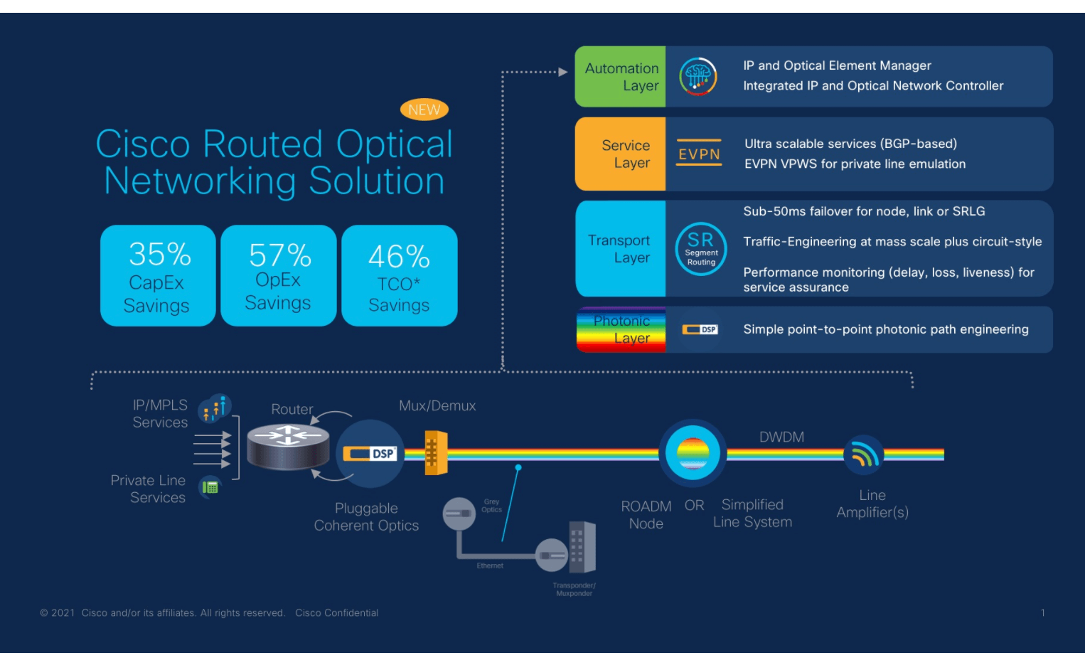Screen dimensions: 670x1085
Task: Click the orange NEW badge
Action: point(424,110)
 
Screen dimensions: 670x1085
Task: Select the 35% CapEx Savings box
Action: point(158,276)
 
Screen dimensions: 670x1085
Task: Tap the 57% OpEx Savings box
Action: point(278,276)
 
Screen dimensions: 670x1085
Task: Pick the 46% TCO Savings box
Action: point(399,276)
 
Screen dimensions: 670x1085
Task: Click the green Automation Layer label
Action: point(620,77)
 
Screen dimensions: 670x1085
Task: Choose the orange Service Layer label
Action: point(620,154)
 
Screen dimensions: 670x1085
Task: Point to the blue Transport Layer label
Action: point(620,249)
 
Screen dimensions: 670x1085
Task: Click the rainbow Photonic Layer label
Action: point(621,330)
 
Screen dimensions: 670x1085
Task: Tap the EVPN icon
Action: point(698,154)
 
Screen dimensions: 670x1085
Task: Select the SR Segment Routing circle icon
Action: point(700,249)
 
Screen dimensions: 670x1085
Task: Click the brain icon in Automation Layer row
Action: point(697,77)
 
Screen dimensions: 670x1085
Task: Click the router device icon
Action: point(288,446)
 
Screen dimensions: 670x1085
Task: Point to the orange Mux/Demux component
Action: point(435,452)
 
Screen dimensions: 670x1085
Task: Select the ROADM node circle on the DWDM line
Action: point(692,453)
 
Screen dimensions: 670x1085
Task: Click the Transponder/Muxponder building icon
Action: point(581,548)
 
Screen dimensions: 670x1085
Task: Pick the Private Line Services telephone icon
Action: point(210,487)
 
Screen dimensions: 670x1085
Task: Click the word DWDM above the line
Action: point(781,437)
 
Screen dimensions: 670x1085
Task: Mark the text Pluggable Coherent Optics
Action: point(366,517)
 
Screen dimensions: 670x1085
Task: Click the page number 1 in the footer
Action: point(1042,612)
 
